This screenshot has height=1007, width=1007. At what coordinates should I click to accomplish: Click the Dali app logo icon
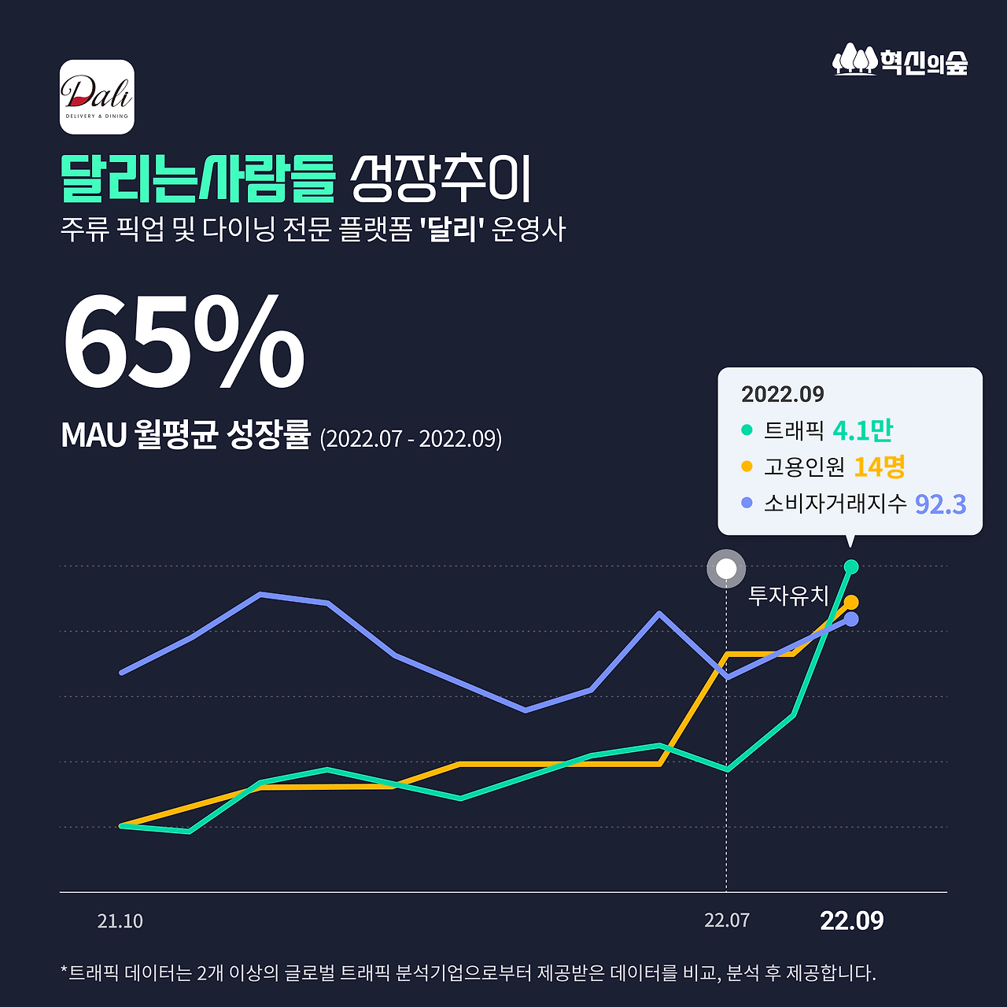pyautogui.click(x=97, y=97)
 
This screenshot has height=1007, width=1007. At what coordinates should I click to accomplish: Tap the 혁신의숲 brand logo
pyautogui.click(x=900, y=61)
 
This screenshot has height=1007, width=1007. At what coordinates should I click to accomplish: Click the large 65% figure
pyautogui.click(x=183, y=343)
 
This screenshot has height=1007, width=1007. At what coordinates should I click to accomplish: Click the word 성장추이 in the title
pyautogui.click(x=441, y=179)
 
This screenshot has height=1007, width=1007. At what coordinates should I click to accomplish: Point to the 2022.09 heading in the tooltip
pyautogui.click(x=782, y=394)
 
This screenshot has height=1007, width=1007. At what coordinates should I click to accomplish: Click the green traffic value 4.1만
pyautogui.click(x=862, y=430)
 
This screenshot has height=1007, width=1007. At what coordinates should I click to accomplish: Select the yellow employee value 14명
pyautogui.click(x=879, y=467)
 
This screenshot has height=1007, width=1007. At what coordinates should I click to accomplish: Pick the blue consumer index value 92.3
pyautogui.click(x=940, y=503)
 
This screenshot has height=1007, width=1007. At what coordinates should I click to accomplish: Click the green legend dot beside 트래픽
pyautogui.click(x=747, y=430)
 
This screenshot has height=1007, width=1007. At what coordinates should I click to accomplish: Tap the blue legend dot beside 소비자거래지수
pyautogui.click(x=747, y=503)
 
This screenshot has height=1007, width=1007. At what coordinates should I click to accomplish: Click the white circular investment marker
pyautogui.click(x=726, y=569)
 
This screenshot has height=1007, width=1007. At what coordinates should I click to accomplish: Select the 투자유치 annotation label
pyautogui.click(x=788, y=596)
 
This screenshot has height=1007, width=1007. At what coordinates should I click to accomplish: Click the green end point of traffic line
pyautogui.click(x=850, y=566)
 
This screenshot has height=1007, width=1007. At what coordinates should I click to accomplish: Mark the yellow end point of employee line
pyautogui.click(x=850, y=603)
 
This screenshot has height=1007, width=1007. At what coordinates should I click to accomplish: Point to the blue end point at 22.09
pyautogui.click(x=850, y=619)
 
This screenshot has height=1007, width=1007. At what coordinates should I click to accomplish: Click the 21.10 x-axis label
pyautogui.click(x=120, y=921)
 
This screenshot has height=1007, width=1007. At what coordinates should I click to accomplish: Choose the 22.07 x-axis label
pyautogui.click(x=727, y=920)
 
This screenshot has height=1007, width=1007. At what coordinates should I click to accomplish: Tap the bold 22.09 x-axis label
pyautogui.click(x=851, y=920)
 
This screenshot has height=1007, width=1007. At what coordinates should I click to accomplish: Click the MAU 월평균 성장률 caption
pyautogui.click(x=186, y=435)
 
